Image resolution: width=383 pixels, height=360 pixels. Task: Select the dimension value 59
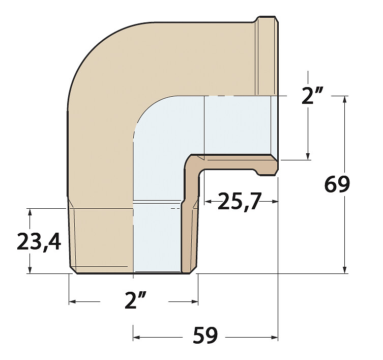(205, 335)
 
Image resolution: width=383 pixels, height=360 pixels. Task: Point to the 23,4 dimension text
(39, 242)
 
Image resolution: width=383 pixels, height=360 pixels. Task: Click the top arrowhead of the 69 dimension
(344, 99)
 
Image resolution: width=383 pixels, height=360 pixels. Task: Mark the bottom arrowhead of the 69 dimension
(344, 270)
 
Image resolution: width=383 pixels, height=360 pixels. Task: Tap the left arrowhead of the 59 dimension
(136, 338)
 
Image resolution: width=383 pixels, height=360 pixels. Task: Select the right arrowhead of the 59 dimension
(275, 338)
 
